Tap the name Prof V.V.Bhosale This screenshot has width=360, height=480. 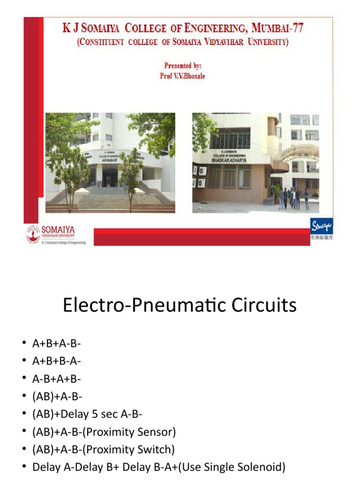pos(183,75)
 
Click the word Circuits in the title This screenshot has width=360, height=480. pos(263,305)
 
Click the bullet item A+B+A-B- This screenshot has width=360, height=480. pos(57,344)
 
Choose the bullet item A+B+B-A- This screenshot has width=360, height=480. pos(57,361)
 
